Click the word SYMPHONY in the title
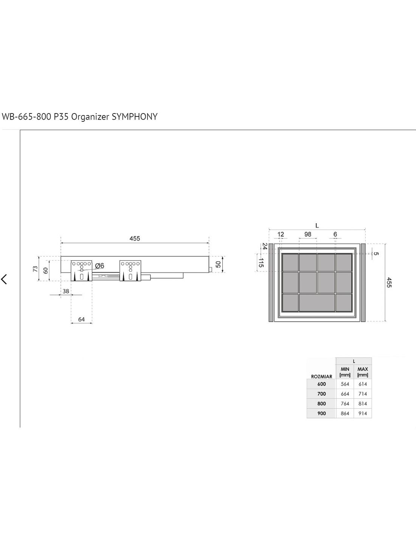(x=135, y=117)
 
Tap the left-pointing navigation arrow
(x=4, y=279)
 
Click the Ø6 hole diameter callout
(x=99, y=266)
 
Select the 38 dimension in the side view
(x=66, y=291)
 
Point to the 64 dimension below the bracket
(x=81, y=319)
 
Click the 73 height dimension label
(x=35, y=269)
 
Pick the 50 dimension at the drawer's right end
(x=218, y=264)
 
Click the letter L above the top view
(x=317, y=225)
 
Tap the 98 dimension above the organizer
(x=308, y=234)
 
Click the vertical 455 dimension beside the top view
(x=389, y=282)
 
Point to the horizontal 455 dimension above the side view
(x=135, y=238)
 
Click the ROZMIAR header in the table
(x=321, y=376)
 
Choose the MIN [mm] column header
(x=345, y=372)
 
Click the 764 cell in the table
(x=345, y=404)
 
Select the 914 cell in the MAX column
(x=363, y=414)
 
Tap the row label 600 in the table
(x=321, y=384)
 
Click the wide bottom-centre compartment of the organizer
(x=317, y=303)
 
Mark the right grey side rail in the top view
(x=363, y=282)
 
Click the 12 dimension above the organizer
(x=281, y=234)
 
